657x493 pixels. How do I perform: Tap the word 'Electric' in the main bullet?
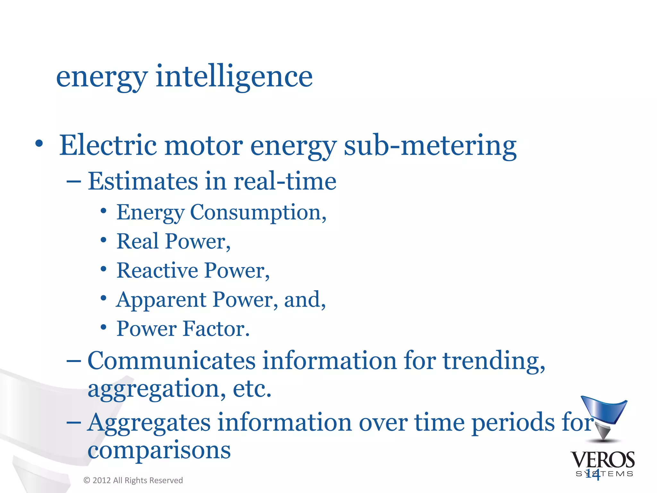click(x=108, y=145)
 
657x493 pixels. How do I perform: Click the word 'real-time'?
click(x=285, y=181)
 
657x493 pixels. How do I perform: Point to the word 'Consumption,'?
click(x=258, y=212)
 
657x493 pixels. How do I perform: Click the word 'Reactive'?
click(x=157, y=270)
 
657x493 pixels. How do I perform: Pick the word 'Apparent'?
click(x=161, y=300)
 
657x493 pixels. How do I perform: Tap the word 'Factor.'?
click(x=216, y=329)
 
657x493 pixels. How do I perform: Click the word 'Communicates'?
click(x=171, y=360)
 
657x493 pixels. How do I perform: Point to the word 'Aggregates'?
click(x=149, y=422)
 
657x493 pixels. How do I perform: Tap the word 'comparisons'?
click(x=159, y=450)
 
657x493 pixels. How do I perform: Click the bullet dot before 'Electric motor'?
click(x=39, y=143)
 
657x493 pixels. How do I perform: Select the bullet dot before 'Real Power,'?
click(x=103, y=240)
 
